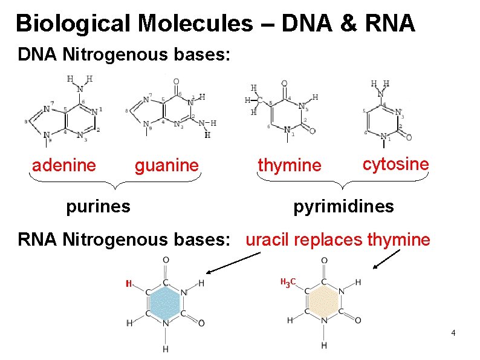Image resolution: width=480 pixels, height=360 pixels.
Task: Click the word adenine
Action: coord(63,165)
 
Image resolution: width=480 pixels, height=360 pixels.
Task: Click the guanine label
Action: coord(166,165)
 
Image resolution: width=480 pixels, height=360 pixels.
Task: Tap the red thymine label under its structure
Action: coord(290,165)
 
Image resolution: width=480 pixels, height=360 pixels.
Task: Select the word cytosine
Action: coord(395,163)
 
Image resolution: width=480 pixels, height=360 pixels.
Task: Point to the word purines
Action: coord(98,206)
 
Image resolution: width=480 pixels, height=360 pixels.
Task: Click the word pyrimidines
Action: coord(343,206)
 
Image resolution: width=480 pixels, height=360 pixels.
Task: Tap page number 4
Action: coord(453,333)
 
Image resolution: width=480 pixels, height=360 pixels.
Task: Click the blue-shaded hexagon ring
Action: coord(165,303)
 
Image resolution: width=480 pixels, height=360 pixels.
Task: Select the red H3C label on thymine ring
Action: coord(287,282)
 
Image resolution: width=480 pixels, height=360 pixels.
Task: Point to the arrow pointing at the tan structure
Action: coord(387,259)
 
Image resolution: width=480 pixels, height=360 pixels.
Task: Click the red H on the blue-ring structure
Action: coord(128,283)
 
